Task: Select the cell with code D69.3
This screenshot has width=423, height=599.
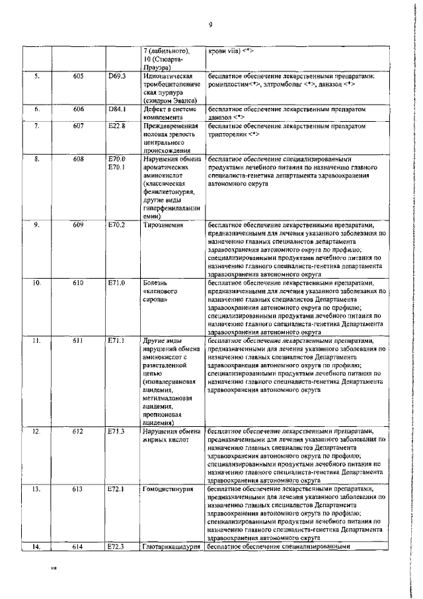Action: pyautogui.click(x=117, y=77)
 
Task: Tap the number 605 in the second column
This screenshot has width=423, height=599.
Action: pyautogui.click(x=78, y=77)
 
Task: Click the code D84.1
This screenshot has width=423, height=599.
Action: pyautogui.click(x=117, y=109)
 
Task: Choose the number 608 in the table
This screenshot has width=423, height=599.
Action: pyautogui.click(x=78, y=159)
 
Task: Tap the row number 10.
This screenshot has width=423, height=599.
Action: pyautogui.click(x=37, y=283)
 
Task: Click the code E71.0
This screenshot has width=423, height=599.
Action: pyautogui.click(x=117, y=283)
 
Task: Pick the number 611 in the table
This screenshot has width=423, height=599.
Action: pyautogui.click(x=78, y=341)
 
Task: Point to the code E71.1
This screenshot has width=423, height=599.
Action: pyautogui.click(x=117, y=341)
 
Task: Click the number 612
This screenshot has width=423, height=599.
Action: pyautogui.click(x=78, y=432)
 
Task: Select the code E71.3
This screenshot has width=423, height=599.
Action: pyautogui.click(x=117, y=432)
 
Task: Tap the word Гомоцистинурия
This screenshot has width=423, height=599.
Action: pyautogui.click(x=168, y=489)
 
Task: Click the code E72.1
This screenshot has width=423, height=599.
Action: pyautogui.click(x=117, y=489)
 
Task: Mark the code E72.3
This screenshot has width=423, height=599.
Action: pyautogui.click(x=117, y=547)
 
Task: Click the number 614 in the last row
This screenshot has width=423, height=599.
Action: pyautogui.click(x=78, y=547)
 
